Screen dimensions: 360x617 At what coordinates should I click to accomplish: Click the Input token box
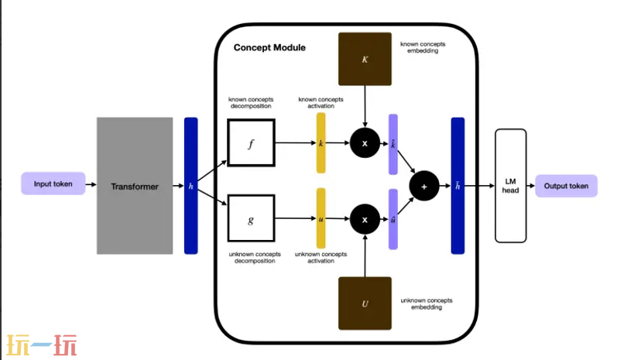[x=53, y=184]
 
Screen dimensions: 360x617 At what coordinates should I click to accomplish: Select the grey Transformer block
[x=135, y=186]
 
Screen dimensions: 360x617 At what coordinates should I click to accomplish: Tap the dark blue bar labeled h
[x=190, y=186]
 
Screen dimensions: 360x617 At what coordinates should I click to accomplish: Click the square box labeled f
[x=250, y=143]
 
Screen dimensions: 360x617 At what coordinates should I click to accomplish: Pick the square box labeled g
[x=250, y=220]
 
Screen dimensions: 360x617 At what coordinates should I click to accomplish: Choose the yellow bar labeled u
[x=320, y=220]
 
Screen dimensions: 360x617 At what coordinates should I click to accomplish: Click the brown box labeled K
[x=365, y=59]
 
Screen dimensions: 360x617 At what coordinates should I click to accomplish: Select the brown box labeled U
[x=365, y=302]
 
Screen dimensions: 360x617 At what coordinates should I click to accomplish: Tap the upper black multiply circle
[x=365, y=143]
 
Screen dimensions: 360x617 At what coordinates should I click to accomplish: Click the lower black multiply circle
[x=365, y=220]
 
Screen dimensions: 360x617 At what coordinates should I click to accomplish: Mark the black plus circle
[x=423, y=186]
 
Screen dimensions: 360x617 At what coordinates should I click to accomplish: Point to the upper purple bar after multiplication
[x=392, y=144]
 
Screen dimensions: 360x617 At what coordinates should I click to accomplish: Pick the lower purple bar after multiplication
[x=392, y=219]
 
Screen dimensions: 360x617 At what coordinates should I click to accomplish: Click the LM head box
[x=510, y=185]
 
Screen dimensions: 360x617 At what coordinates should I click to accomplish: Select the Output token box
[x=566, y=185]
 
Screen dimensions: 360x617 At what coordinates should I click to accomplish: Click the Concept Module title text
[x=269, y=48]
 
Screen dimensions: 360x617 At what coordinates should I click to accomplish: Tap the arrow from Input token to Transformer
[x=91, y=185]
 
